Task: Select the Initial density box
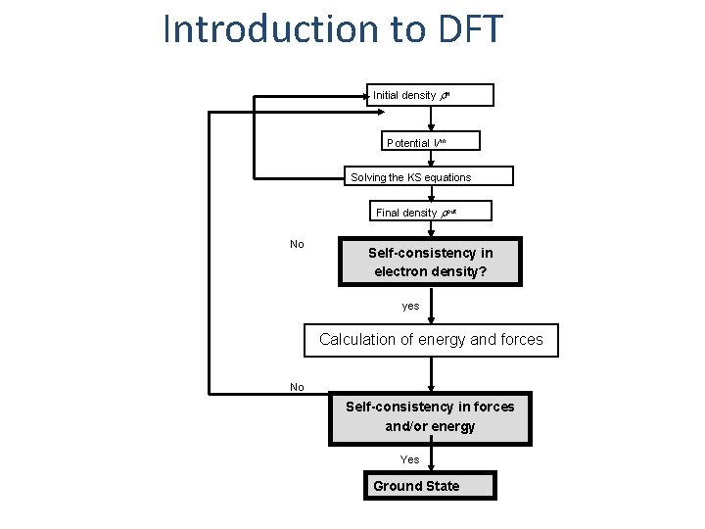(431, 95)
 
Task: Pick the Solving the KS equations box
(431, 177)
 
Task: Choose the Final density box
(431, 212)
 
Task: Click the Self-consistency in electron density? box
(431, 262)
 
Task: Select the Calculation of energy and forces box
(431, 340)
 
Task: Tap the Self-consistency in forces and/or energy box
(430, 416)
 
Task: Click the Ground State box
(430, 486)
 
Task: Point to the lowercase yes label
(410, 306)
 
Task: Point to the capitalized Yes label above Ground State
(409, 459)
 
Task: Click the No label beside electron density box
(297, 244)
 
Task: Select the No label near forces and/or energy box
(297, 387)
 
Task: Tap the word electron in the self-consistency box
(398, 271)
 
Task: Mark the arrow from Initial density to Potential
(432, 120)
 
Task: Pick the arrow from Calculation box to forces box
(432, 374)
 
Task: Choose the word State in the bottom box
(439, 486)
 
